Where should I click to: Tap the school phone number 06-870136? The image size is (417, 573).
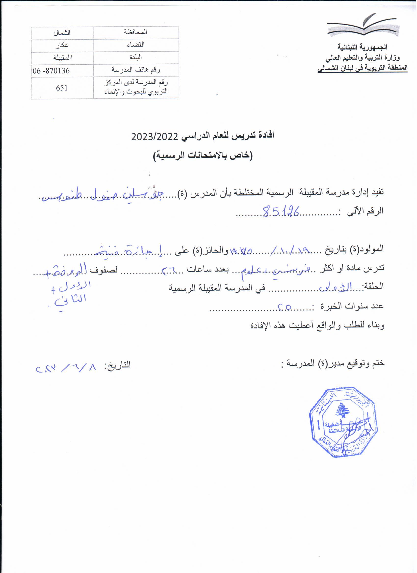pos(51,71)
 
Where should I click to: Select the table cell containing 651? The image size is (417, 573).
pos(62,88)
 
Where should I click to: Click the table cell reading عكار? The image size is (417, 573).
pos(62,45)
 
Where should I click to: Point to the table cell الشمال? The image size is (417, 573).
pos(62,33)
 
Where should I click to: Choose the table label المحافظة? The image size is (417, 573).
pos(136,32)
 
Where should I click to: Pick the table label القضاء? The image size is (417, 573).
pos(136,45)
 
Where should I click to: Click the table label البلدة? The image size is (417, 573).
pos(136,58)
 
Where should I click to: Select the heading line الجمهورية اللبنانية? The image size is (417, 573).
pos(363,47)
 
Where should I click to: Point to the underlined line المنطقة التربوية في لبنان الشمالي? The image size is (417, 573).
pos(363,68)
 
